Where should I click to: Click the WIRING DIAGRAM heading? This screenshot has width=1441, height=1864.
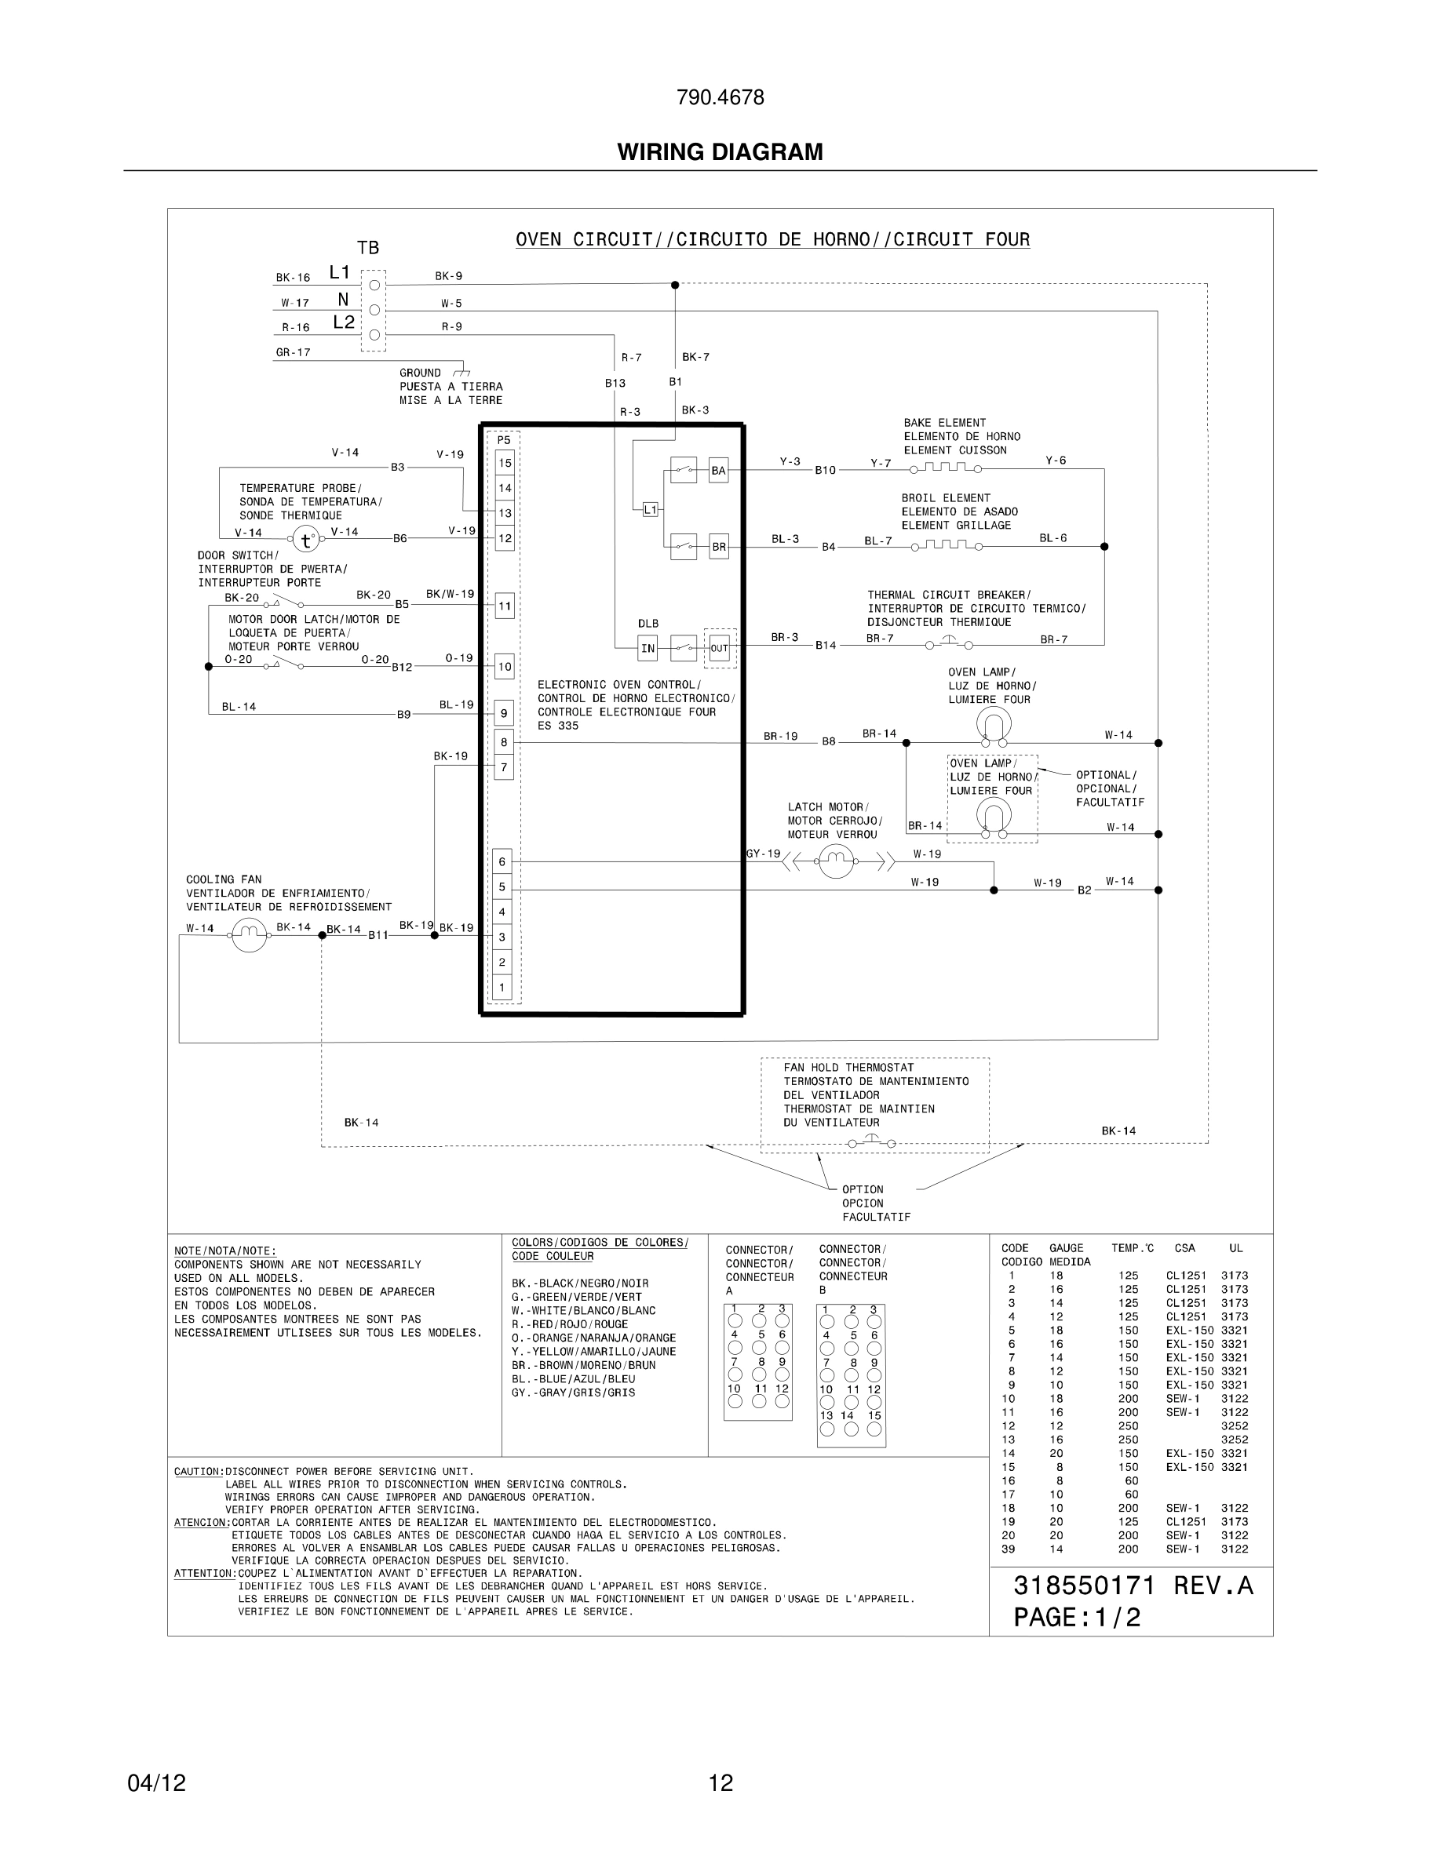[720, 152]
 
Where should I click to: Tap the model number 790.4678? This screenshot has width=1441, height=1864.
[720, 98]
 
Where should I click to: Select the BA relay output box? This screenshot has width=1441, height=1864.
[719, 470]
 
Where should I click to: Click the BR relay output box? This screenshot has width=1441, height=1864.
[719, 546]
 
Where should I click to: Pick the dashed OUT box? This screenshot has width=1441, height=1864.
[720, 649]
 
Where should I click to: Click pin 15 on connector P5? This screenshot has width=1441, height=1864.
[505, 464]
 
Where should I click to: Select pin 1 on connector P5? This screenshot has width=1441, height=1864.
[502, 988]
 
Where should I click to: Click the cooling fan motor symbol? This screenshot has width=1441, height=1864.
[250, 935]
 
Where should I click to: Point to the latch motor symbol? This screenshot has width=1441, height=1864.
[836, 862]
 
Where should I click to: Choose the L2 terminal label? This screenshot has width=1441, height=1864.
[343, 322]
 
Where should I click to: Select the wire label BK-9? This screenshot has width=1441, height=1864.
[448, 276]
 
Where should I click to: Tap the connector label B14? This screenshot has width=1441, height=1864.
[826, 645]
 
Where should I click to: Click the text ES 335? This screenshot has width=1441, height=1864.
[557, 726]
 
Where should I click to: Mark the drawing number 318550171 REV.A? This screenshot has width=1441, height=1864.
[1133, 1585]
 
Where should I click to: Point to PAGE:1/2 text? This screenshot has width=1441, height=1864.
[1077, 1618]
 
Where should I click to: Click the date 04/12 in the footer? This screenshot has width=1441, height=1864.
[156, 1783]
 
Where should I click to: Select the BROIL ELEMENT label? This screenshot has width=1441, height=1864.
[946, 498]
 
